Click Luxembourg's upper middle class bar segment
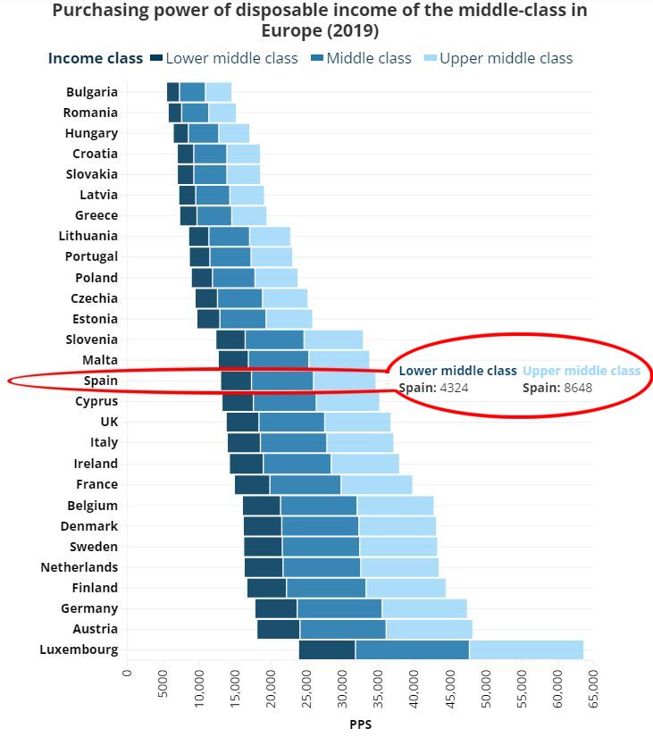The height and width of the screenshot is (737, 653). [526, 649]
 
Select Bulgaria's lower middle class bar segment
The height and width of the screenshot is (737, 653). [173, 92]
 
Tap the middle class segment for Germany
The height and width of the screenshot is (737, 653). [339, 608]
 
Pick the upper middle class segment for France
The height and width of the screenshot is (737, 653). [376, 484]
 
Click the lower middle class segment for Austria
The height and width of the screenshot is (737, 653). [278, 629]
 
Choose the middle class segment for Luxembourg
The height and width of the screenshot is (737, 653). [412, 649]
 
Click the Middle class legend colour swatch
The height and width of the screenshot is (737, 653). [317, 58]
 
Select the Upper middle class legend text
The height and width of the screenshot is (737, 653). [506, 58]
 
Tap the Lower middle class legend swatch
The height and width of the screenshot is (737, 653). [156, 58]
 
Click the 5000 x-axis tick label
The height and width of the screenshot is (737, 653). [163, 685]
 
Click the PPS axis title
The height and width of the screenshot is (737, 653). [360, 724]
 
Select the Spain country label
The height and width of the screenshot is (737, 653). [101, 381]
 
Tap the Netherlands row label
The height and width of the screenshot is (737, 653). [80, 567]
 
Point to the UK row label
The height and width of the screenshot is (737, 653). [108, 422]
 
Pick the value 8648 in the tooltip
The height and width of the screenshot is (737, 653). [578, 388]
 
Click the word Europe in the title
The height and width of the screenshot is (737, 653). [292, 30]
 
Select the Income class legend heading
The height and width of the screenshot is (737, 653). [95, 58]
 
